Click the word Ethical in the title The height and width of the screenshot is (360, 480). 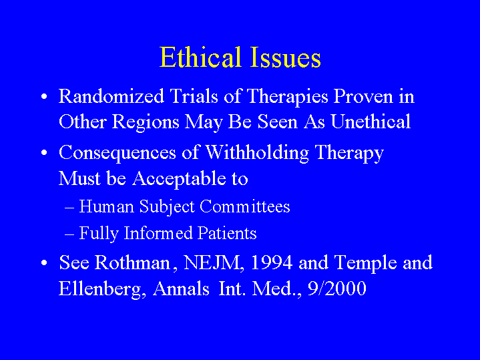tap(200, 57)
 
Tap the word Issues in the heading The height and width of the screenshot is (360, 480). tap(285, 57)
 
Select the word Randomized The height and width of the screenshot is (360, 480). tap(111, 96)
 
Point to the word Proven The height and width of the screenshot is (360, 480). tap(363, 96)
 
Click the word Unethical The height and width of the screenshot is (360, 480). tap(371, 122)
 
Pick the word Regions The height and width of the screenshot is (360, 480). tap(146, 122)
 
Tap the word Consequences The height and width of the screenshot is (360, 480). tap(117, 153)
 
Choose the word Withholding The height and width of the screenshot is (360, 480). tap(257, 153)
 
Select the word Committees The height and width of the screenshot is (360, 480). tap(245, 206)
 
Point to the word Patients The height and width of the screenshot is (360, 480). tap(227, 233)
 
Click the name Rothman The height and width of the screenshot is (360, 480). tap(132, 262)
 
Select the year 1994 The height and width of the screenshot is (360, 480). tap(271, 263)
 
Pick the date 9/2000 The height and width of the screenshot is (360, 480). tap(336, 289)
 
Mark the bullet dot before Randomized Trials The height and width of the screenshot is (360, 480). tap(44, 96)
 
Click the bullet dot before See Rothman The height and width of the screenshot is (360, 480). tap(44, 263)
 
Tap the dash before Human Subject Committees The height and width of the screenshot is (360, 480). tap(69, 208)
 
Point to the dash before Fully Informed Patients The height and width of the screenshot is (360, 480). tap(69, 234)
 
